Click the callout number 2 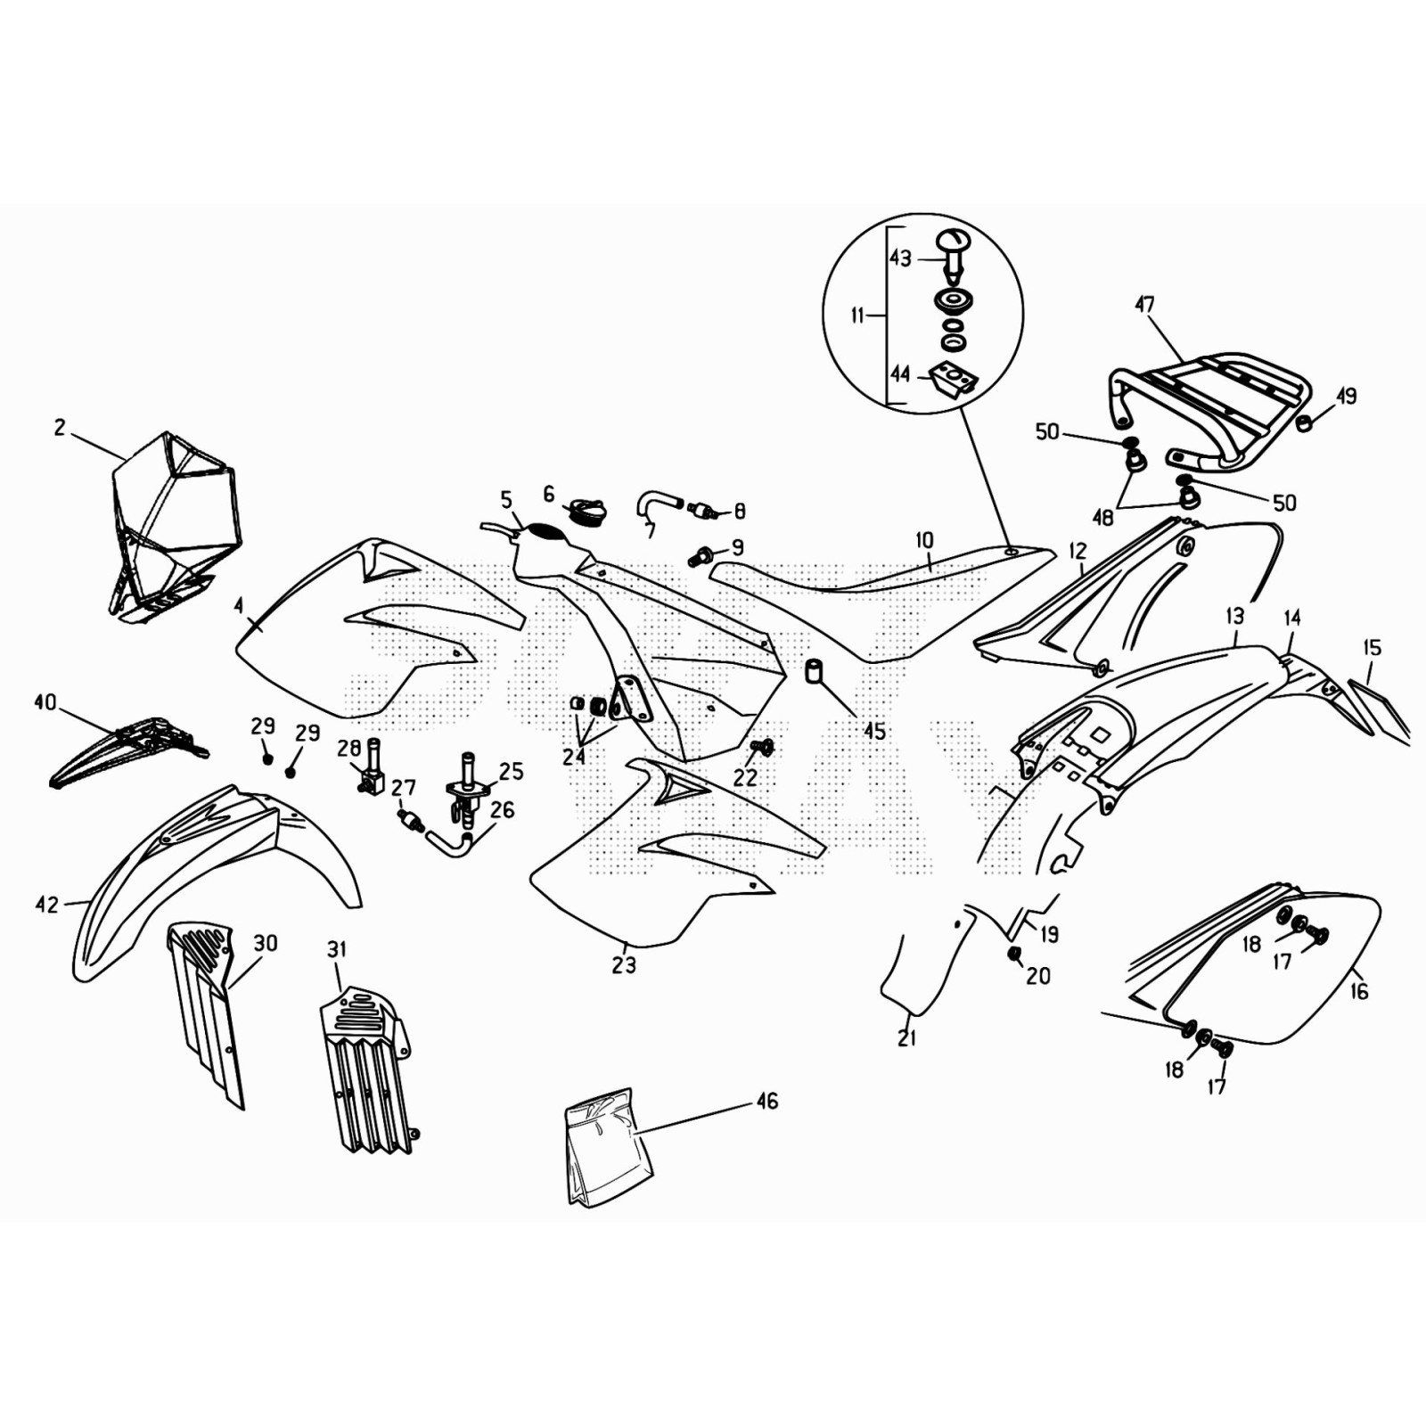click(x=60, y=428)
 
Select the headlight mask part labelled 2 click(x=174, y=526)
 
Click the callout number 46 click(x=766, y=1102)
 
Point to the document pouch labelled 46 click(x=609, y=1147)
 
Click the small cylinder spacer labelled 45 click(x=814, y=670)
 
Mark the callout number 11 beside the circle click(x=857, y=316)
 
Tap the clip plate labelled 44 click(x=954, y=380)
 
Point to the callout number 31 click(x=336, y=950)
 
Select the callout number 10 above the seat click(x=924, y=540)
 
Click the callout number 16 click(x=1358, y=991)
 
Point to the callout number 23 click(x=624, y=964)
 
